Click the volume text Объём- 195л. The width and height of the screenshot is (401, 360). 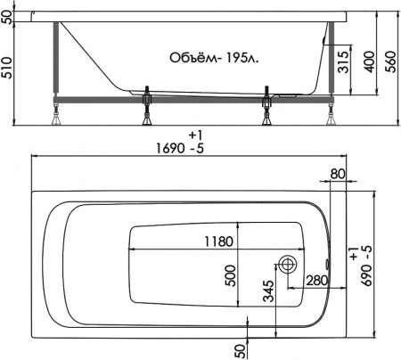[214, 58]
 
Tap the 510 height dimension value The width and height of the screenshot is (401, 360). [6, 68]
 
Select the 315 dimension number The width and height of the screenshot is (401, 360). [343, 62]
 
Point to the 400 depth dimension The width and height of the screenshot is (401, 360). [370, 61]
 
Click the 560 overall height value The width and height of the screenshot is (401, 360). [391, 61]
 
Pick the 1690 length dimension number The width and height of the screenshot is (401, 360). [170, 148]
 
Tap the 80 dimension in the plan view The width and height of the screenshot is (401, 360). [338, 174]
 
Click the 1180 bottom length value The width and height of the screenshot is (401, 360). [218, 241]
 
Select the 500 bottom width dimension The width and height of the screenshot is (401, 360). [230, 276]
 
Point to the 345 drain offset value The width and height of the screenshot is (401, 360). [268, 290]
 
